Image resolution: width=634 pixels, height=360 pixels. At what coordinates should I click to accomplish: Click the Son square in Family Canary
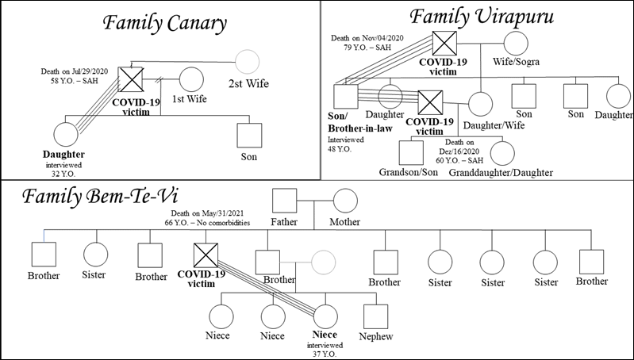[249, 136]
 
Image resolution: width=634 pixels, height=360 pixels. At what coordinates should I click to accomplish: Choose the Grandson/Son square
[411, 150]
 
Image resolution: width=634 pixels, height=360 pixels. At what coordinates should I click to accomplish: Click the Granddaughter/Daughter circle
[502, 151]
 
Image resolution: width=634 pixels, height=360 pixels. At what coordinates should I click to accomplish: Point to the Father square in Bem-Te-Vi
[284, 201]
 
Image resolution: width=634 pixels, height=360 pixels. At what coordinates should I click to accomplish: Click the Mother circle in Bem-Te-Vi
[345, 201]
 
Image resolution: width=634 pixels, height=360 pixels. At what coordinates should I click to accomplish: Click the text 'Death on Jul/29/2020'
[75, 71]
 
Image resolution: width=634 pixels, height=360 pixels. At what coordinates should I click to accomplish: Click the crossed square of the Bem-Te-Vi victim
[206, 257]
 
